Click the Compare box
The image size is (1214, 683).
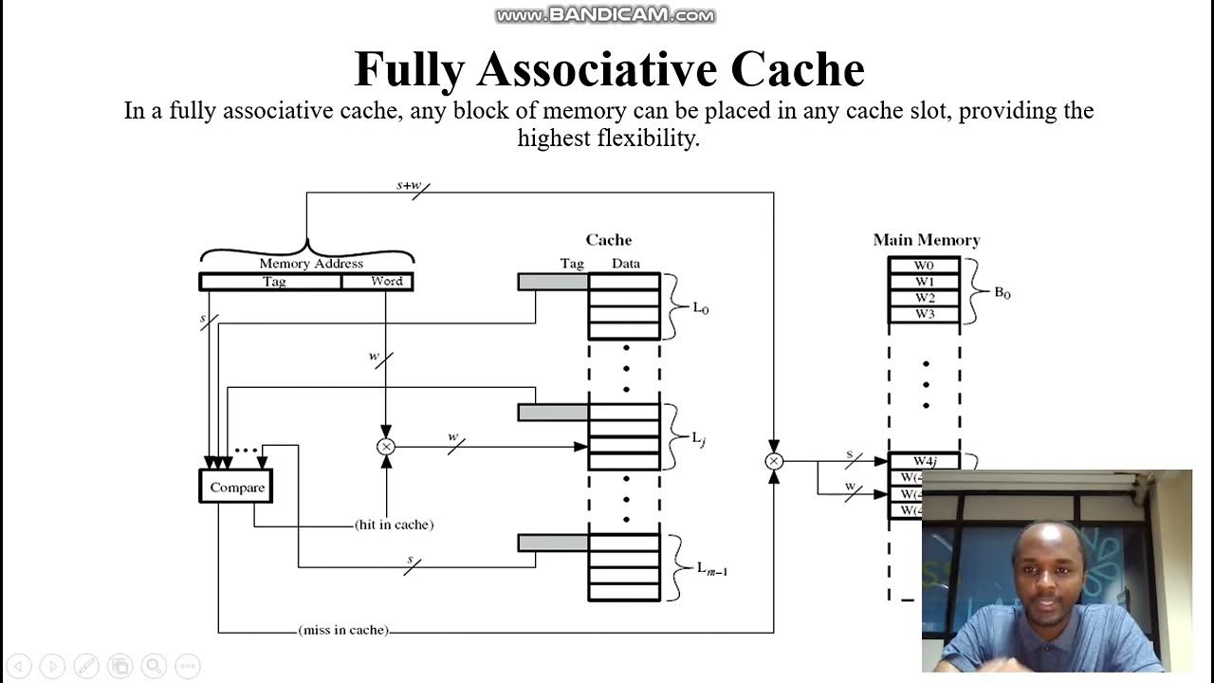point(236,487)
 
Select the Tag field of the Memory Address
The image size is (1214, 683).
point(273,282)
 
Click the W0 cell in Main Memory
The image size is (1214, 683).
point(924,266)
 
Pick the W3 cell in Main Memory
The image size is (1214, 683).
point(924,314)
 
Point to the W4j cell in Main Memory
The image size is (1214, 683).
point(924,461)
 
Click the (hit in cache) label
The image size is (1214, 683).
point(394,525)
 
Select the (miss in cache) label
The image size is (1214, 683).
point(342,629)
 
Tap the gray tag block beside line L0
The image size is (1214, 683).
point(553,282)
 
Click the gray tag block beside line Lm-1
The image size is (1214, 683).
point(553,543)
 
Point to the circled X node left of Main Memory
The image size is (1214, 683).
point(774,461)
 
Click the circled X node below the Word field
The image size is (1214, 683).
point(386,447)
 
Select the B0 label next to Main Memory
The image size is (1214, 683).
point(1002,293)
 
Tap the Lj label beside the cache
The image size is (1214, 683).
point(699,438)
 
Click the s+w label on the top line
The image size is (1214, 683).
point(408,185)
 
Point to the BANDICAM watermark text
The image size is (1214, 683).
point(605,15)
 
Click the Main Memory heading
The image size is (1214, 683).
point(926,240)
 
